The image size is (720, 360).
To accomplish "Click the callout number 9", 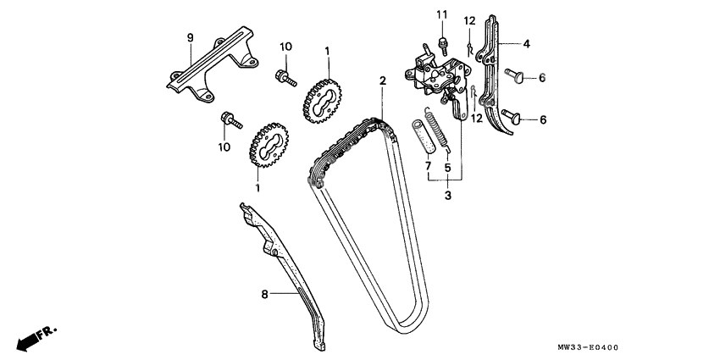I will click(191, 37).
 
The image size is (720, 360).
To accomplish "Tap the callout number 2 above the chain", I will click(382, 80).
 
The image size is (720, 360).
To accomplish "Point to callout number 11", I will click(441, 14).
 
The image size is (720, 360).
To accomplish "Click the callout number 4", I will click(526, 42).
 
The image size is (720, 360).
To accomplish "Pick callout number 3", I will click(447, 196).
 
